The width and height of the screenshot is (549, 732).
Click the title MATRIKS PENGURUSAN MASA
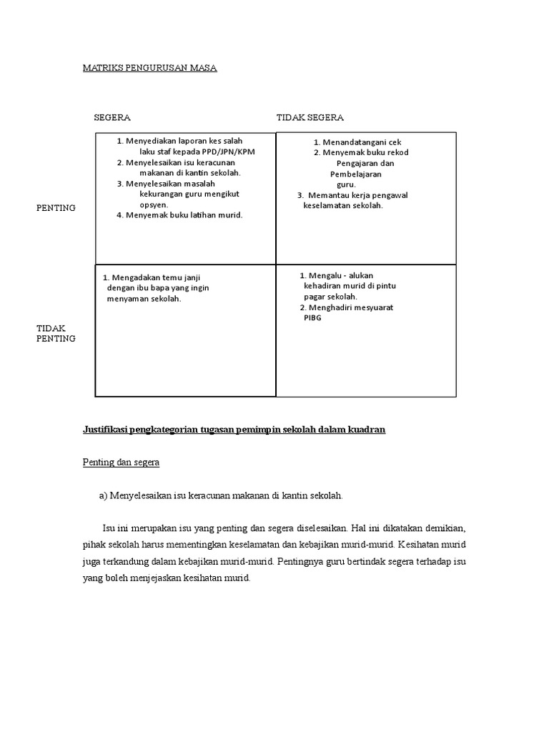[149, 68]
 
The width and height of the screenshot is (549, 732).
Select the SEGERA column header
[112, 117]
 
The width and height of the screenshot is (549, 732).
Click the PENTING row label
[56, 207]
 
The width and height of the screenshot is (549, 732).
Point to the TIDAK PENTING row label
[56, 333]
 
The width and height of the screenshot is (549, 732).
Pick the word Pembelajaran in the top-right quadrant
[355, 174]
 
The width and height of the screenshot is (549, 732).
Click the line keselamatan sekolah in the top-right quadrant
[343, 205]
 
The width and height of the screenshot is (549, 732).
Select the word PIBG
[312, 318]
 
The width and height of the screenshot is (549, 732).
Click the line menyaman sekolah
[144, 299]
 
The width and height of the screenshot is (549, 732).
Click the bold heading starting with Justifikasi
[234, 430]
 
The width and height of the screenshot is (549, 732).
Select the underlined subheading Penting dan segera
[121, 463]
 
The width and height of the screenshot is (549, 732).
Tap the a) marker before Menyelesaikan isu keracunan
[104, 495]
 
